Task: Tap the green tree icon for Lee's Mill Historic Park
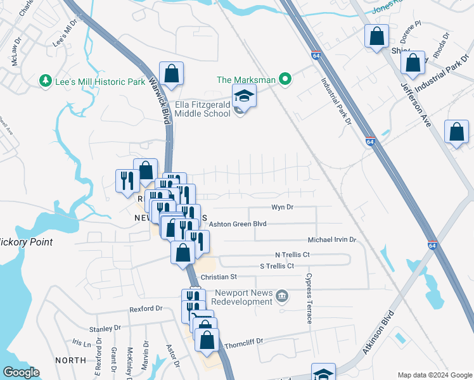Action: (x=45, y=80)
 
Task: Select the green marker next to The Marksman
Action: (x=286, y=79)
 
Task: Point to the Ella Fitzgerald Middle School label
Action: (x=202, y=109)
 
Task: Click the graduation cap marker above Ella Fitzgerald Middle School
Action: (x=243, y=97)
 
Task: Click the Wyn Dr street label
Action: (x=283, y=207)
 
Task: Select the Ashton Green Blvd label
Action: (x=238, y=224)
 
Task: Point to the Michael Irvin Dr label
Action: (x=332, y=240)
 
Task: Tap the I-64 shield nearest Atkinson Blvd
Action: (x=432, y=245)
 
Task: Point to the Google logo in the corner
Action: (x=20, y=372)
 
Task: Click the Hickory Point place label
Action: (x=25, y=242)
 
